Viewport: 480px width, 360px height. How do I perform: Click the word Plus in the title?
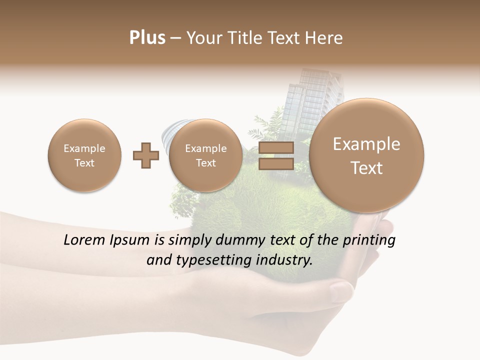coord(147,38)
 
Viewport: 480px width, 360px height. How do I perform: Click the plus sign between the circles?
coord(146,155)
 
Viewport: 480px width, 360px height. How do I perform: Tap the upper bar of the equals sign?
coord(276,148)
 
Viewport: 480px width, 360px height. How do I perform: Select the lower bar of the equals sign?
coord(276,164)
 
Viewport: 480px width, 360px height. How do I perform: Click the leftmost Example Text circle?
coord(84,155)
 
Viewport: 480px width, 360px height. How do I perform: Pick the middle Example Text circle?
coord(205,155)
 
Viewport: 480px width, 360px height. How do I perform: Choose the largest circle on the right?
coord(366,155)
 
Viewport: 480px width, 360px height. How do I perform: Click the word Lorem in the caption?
coord(85,240)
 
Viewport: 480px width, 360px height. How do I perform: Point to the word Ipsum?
coord(130,240)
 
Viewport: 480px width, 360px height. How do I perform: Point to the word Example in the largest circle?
coord(366,144)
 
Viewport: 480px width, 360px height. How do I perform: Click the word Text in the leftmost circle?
coord(84,163)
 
